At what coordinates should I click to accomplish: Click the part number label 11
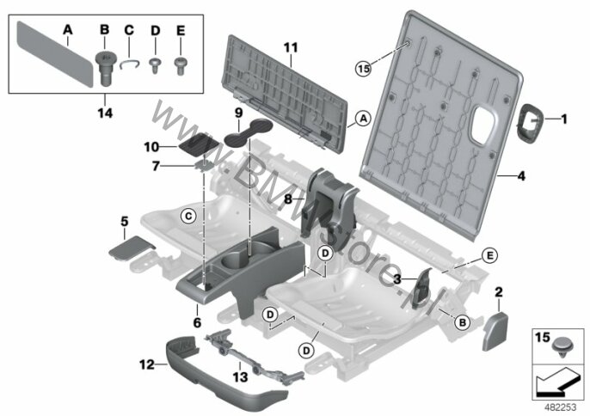pos(291,48)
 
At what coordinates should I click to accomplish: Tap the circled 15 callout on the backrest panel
pos(364,69)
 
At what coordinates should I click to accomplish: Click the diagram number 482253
pos(560,407)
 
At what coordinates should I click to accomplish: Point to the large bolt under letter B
pos(104,69)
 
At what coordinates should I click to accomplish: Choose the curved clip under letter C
pos(129,64)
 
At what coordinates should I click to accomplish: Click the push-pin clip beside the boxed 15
pos(562,346)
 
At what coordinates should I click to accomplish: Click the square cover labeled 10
pos(199,144)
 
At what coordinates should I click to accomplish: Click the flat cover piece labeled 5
pos(132,248)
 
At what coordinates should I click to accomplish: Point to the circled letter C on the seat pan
pos(188,217)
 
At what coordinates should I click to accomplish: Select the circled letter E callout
pos(489,256)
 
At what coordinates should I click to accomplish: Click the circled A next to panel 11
pos(363,119)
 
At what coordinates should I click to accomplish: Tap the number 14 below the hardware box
pos(105,113)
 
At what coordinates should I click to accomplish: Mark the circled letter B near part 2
pos(463,322)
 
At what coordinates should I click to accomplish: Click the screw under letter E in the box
pos(181,66)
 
